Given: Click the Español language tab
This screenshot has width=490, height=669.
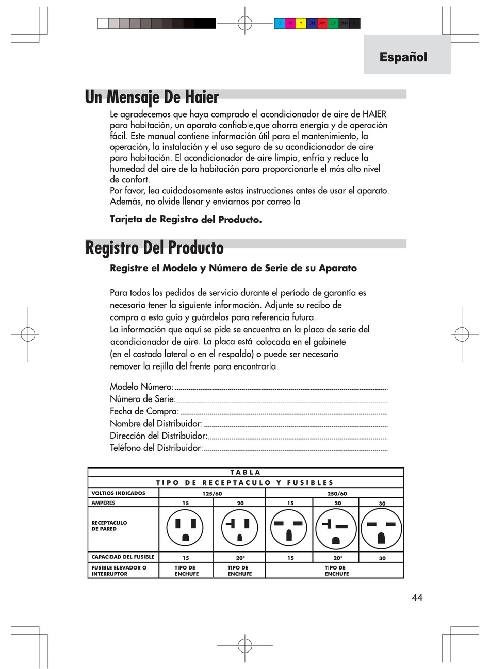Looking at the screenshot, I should (x=403, y=57).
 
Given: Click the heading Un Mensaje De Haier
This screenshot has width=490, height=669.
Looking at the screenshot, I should (x=152, y=97).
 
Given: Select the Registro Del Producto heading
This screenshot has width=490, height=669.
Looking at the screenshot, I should (x=154, y=248).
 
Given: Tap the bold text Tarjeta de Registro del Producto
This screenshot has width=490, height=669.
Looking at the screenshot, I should (x=186, y=220).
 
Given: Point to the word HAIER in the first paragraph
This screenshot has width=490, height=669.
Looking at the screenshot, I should (x=374, y=114).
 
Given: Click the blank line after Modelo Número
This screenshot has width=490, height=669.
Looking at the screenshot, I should (x=281, y=388).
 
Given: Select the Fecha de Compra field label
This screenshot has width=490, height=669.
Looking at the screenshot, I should (x=144, y=411).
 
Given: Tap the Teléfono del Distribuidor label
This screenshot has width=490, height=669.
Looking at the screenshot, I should (x=156, y=448).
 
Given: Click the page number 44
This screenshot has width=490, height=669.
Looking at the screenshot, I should (x=417, y=598).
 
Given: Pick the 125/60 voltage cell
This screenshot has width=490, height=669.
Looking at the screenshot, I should (x=212, y=493).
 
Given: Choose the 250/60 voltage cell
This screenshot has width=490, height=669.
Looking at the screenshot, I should (x=337, y=493).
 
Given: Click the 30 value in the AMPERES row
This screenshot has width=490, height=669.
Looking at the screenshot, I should (x=382, y=503).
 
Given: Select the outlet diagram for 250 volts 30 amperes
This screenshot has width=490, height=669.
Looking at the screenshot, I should (x=381, y=529).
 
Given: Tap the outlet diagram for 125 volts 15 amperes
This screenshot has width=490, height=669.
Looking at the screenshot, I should (x=186, y=529).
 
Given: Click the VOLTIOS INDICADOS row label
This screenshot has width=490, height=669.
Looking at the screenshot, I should (x=118, y=493).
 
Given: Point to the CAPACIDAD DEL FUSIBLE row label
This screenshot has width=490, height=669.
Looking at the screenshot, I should (x=123, y=557).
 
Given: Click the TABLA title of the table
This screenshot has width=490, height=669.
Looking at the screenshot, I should (x=246, y=472).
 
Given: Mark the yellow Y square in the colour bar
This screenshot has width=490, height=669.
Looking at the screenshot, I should (x=301, y=23).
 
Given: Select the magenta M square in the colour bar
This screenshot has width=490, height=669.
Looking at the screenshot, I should (x=290, y=23).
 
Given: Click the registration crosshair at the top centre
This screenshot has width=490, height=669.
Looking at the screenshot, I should (x=244, y=23).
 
